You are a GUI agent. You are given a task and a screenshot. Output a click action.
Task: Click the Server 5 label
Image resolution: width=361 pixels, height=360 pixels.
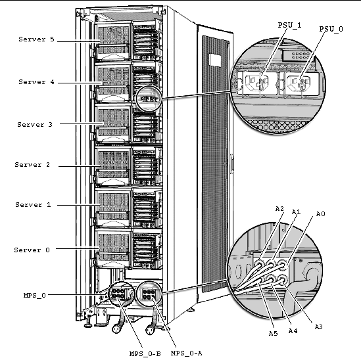point(36,39)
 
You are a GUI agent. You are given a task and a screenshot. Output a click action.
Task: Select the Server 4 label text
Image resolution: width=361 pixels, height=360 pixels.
point(36,82)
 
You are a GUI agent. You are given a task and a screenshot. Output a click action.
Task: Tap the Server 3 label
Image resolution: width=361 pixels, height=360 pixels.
point(35,124)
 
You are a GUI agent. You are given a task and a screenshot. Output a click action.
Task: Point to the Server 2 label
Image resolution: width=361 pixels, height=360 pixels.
point(32,165)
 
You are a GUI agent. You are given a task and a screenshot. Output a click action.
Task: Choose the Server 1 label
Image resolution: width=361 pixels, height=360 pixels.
point(33,205)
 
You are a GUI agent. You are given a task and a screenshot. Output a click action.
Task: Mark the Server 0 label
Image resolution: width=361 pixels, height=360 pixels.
point(32,250)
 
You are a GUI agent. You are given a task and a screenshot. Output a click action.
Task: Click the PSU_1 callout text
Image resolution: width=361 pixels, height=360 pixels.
point(289,25)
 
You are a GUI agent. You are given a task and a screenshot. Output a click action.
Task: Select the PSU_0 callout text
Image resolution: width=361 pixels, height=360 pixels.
point(331,29)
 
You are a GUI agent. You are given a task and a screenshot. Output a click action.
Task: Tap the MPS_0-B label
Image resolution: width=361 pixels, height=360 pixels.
point(145,353)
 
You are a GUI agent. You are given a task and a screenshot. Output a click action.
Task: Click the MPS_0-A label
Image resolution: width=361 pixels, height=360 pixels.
point(187,353)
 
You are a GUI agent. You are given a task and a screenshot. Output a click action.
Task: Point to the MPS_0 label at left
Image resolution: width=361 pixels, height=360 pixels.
point(35,296)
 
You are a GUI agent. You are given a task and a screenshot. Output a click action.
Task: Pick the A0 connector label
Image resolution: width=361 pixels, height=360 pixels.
point(320,214)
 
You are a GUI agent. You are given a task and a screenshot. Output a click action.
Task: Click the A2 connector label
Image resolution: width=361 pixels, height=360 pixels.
point(279,209)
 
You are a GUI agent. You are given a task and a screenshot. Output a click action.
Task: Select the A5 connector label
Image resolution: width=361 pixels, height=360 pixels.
point(274,333)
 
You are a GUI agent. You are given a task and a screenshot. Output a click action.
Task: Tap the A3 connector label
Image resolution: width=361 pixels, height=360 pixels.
point(319,327)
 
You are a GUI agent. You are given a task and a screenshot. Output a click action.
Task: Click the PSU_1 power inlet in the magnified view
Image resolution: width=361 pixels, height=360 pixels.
point(256,83)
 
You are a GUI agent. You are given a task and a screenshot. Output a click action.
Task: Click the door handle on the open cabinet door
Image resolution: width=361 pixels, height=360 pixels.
point(232,164)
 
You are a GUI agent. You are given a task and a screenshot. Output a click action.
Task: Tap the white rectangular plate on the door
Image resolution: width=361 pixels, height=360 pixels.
point(215,60)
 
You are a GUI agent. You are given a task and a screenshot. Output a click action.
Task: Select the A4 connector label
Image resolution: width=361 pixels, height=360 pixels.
point(293,331)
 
